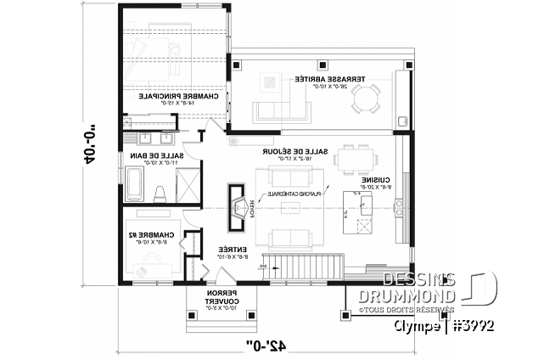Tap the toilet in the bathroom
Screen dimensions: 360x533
[x=160, y=191]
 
